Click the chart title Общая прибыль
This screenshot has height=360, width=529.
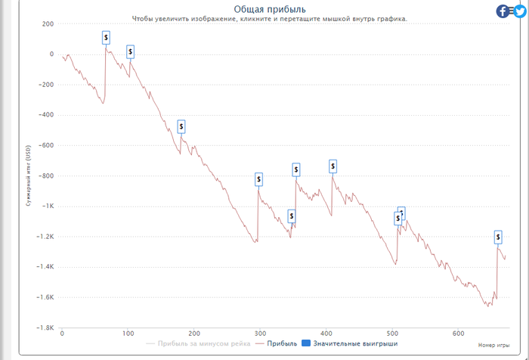270,8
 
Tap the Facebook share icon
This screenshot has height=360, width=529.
503,11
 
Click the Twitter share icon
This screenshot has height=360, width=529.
519,11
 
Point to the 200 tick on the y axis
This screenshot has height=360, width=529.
48,23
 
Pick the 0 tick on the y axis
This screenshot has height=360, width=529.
51,54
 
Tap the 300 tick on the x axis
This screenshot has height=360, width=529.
260,334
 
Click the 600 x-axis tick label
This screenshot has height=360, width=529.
458,334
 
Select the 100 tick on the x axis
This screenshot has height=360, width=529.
128,334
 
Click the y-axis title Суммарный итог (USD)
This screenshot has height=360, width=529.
28,175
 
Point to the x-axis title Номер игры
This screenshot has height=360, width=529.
494,345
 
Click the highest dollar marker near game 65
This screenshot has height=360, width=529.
106,36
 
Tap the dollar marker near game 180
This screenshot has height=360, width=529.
181,126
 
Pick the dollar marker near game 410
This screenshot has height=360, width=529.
333,166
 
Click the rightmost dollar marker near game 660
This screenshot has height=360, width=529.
498,237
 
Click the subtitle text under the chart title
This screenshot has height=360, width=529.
270,19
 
